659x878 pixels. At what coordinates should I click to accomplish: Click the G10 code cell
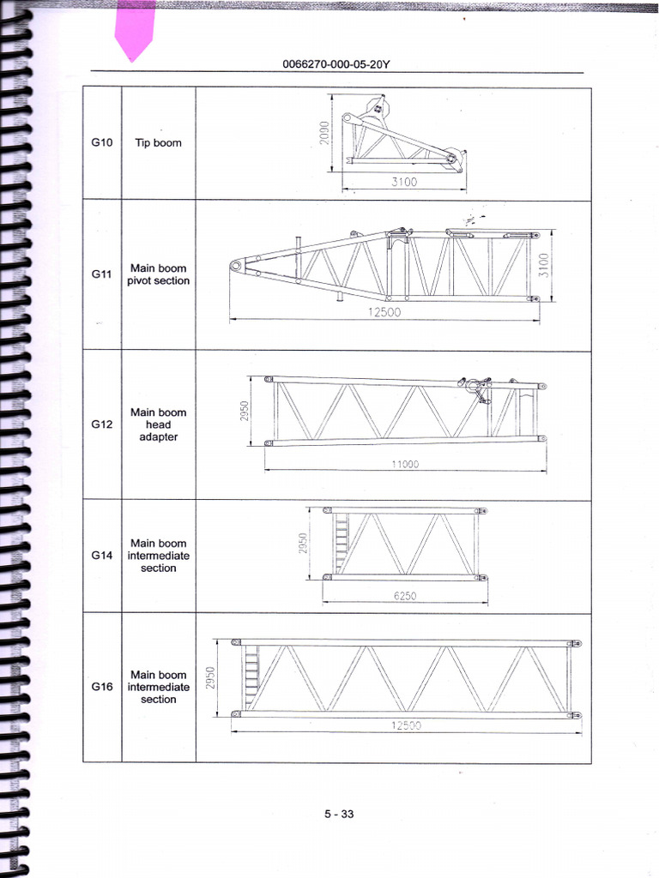click(102, 142)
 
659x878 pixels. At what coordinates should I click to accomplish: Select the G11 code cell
click(102, 274)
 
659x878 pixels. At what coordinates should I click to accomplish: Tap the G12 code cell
click(102, 424)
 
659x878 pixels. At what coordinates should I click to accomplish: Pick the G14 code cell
click(102, 556)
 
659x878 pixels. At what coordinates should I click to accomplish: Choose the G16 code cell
click(102, 687)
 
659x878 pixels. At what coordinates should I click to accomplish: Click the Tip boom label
click(158, 142)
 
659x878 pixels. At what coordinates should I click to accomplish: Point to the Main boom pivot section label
click(158, 274)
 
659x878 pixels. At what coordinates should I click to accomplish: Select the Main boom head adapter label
click(158, 424)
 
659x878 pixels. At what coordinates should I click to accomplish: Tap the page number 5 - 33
click(338, 814)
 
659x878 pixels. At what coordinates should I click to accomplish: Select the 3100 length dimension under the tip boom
click(403, 182)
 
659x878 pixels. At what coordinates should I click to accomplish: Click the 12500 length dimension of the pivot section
click(384, 313)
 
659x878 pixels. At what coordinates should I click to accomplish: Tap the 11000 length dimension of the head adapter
click(405, 464)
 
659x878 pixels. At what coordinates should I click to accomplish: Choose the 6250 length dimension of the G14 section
click(405, 595)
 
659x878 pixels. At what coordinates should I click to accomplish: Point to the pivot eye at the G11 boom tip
click(234, 267)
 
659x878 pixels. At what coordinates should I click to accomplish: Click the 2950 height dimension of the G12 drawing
click(245, 411)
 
